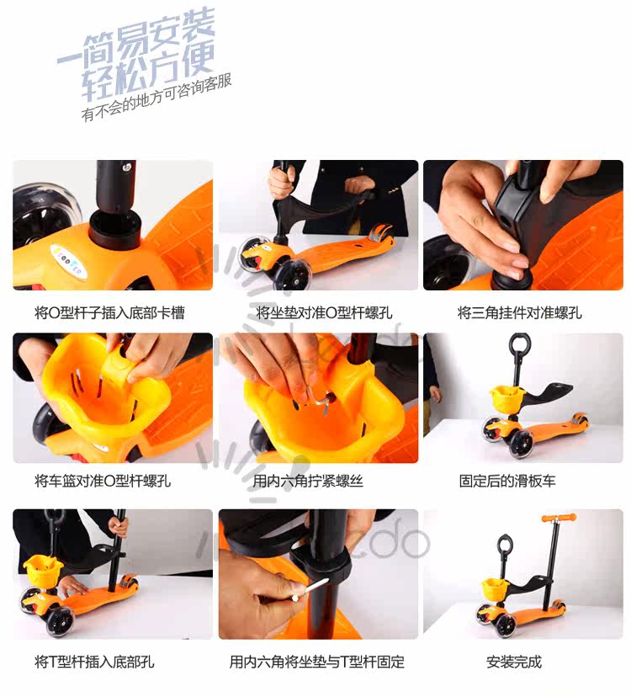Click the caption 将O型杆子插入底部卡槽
[x=109, y=313]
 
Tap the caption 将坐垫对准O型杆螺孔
[x=324, y=313]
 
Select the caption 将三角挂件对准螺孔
[x=519, y=313]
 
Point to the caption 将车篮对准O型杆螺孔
[x=103, y=481]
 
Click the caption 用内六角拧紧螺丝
[x=308, y=481]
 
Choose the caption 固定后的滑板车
[x=507, y=481]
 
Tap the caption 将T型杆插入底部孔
[x=94, y=662]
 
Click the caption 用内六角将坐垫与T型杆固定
[x=317, y=662]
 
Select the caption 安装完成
[x=514, y=662]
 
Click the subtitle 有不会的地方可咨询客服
[x=156, y=98]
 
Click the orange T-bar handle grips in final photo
[x=559, y=518]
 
